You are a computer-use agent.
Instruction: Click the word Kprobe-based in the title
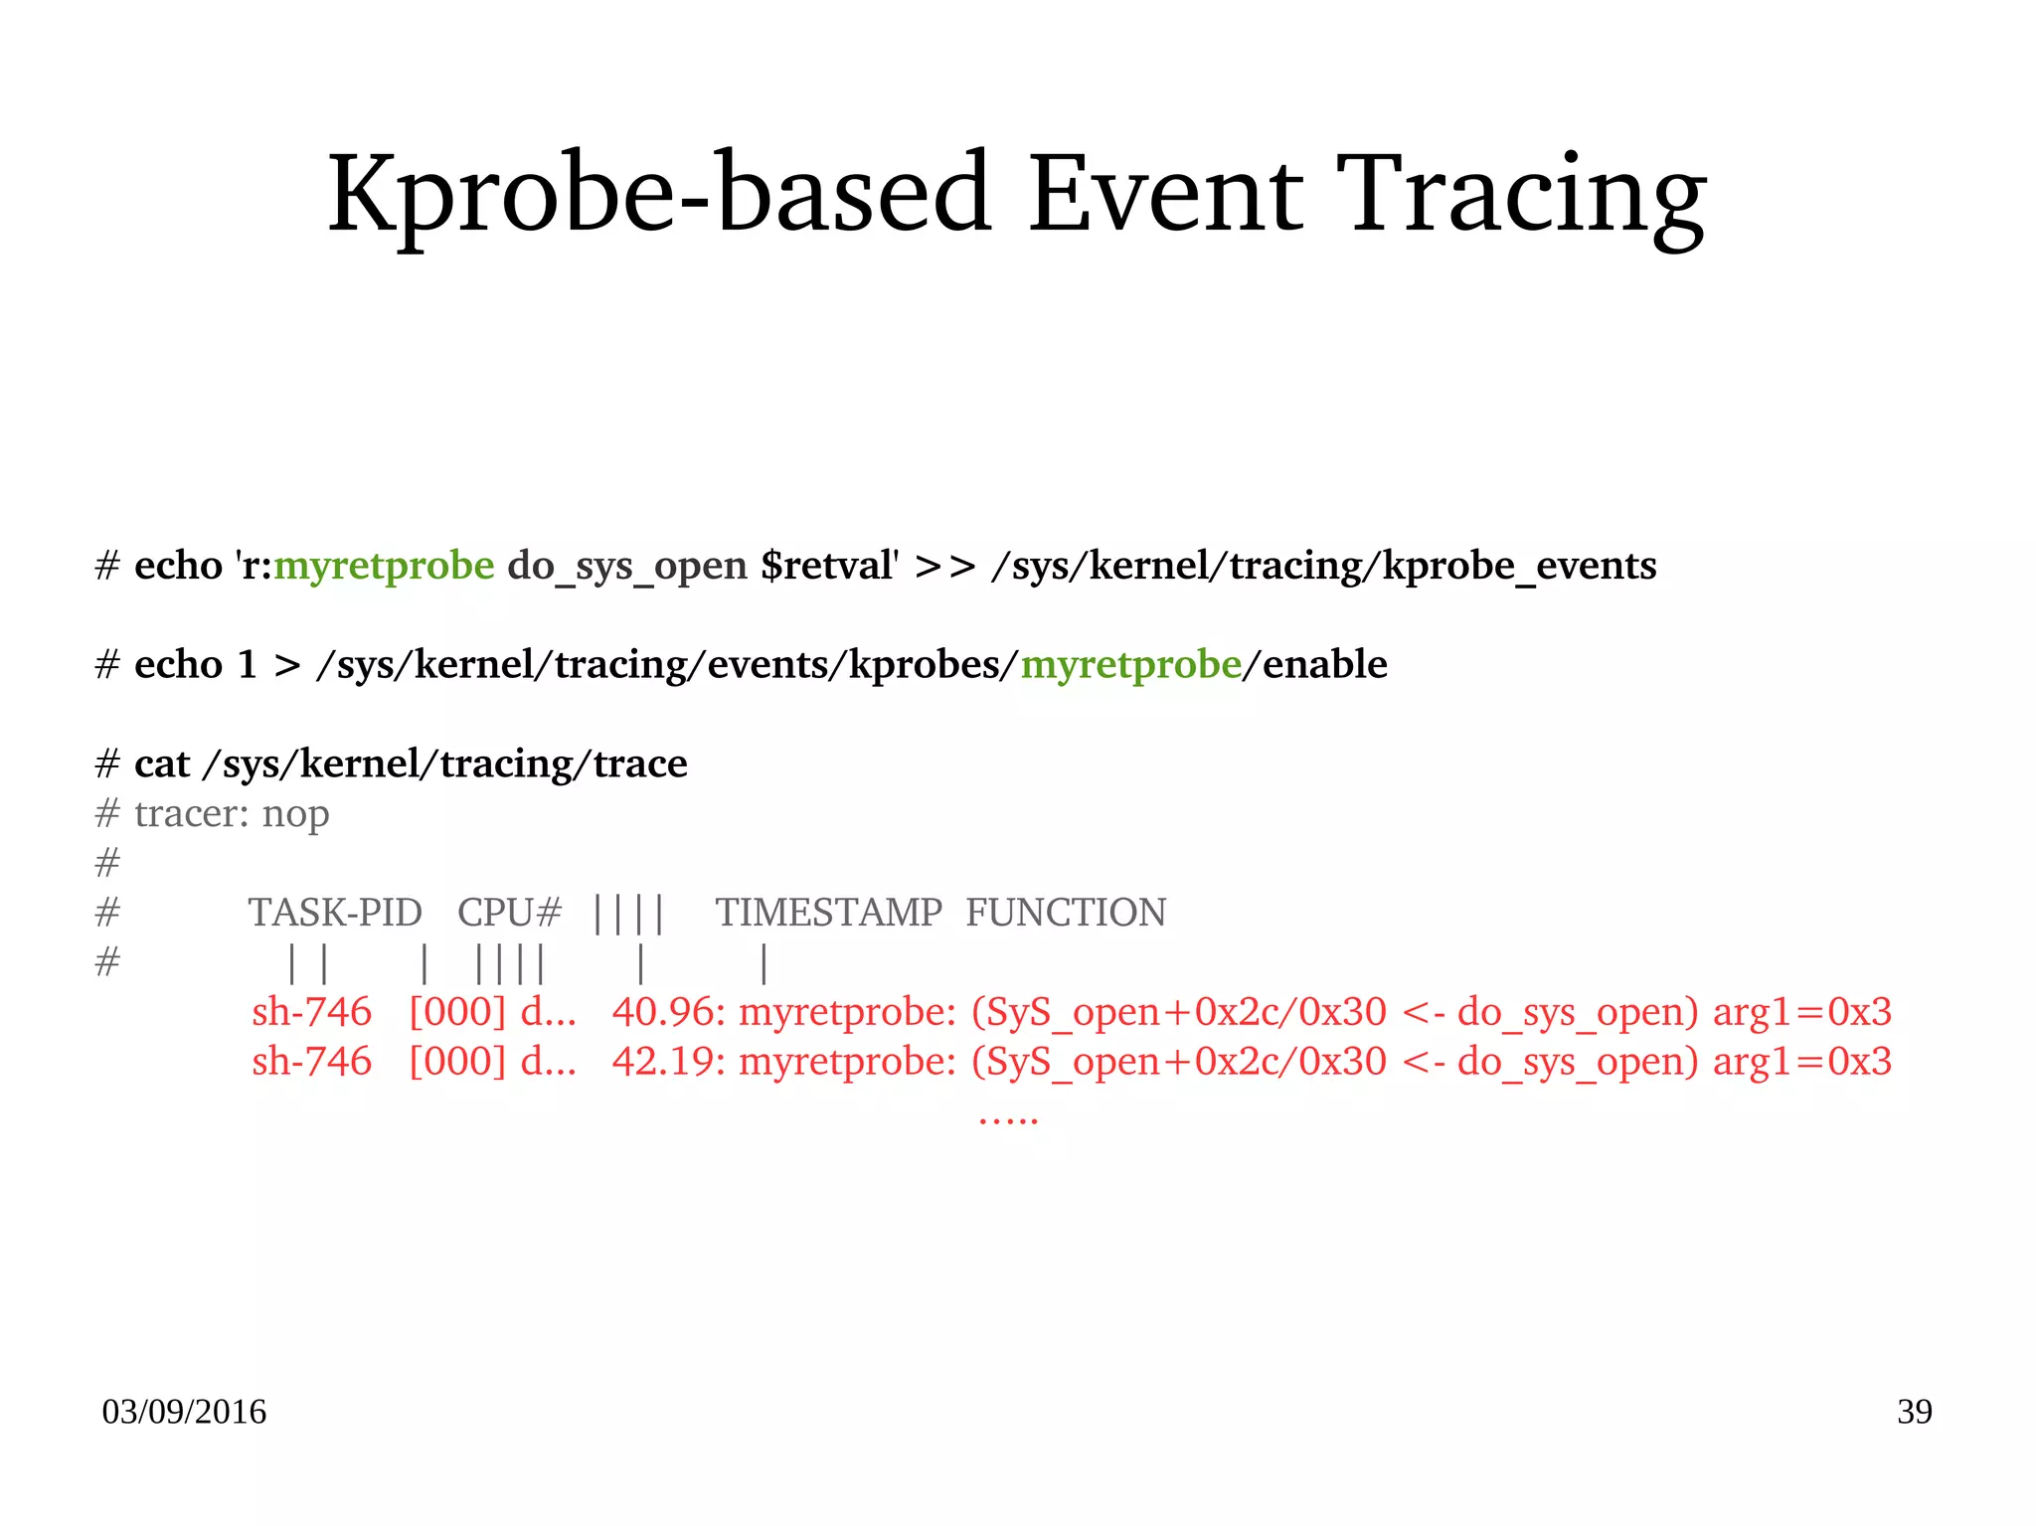click(659, 194)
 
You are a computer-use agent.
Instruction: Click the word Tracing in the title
click(1520, 194)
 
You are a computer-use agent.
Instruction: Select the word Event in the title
click(1165, 194)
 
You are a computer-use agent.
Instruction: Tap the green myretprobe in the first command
click(384, 566)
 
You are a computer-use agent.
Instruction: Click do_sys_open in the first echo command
click(627, 566)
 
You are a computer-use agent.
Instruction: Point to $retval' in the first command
click(829, 566)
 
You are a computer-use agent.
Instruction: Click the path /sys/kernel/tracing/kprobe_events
click(1323, 566)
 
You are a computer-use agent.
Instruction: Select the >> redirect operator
click(944, 566)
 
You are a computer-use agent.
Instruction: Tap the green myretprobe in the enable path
click(1130, 664)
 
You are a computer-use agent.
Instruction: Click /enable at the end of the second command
click(1314, 664)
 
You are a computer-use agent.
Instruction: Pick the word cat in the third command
click(161, 763)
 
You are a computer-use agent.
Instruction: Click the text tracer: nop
click(231, 814)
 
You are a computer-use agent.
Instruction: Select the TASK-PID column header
click(335, 913)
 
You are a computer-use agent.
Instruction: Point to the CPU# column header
click(509, 913)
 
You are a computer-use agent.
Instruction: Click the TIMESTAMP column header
click(829, 913)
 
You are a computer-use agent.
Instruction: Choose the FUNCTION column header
click(1066, 913)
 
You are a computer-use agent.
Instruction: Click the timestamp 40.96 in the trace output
click(665, 1012)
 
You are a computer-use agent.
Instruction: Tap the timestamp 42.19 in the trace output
click(665, 1062)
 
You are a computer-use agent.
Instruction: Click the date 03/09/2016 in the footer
click(184, 1412)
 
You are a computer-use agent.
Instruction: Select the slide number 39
click(1914, 1412)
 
